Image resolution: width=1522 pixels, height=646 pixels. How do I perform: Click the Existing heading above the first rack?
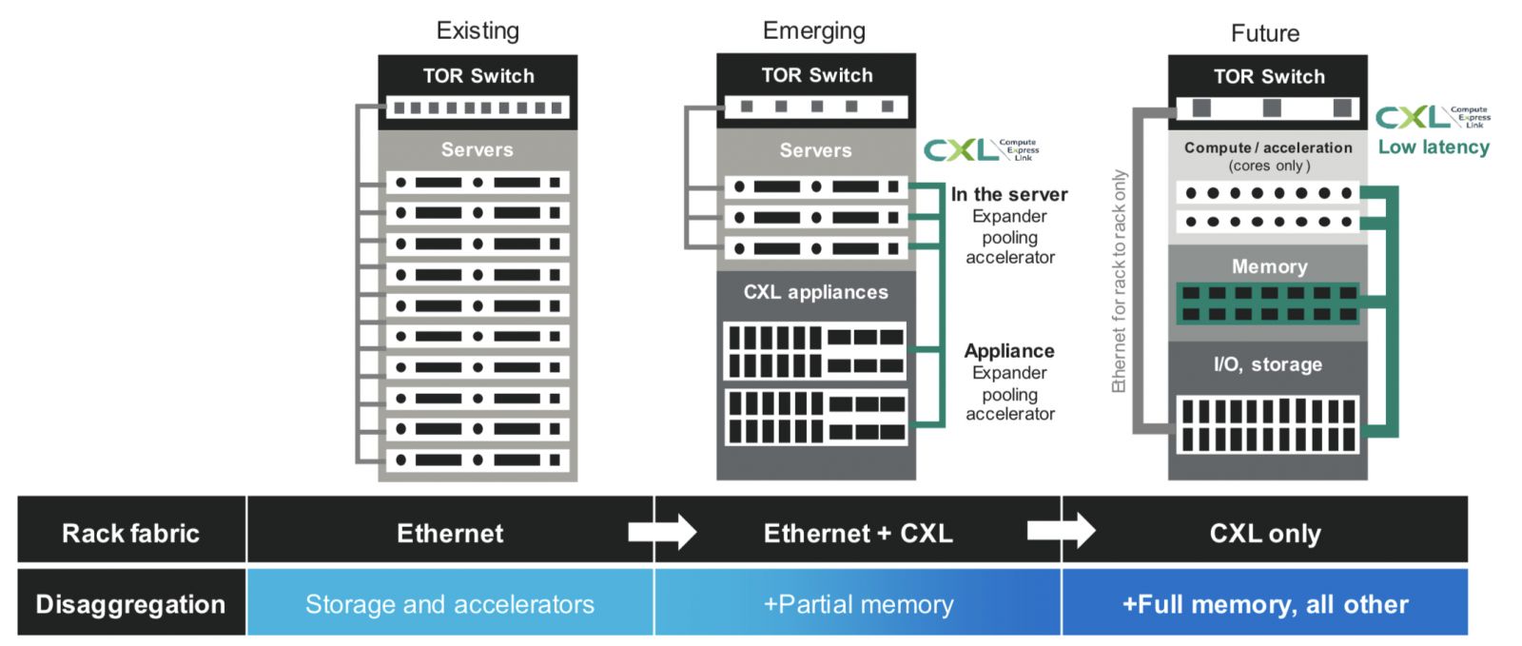point(478,30)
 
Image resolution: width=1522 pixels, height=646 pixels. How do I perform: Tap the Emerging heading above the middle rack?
point(814,30)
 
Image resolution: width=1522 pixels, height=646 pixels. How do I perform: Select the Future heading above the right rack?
point(1264,33)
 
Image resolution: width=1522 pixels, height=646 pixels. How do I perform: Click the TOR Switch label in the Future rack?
point(1268,76)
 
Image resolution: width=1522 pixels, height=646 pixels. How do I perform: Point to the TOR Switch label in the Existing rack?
point(478,76)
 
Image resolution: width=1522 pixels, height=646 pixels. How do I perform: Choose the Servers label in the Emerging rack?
point(815,150)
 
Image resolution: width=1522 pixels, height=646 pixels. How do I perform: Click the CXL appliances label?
point(815,292)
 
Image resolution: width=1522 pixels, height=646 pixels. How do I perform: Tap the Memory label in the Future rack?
point(1269,266)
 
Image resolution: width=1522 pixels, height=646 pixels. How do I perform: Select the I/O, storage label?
point(1267,364)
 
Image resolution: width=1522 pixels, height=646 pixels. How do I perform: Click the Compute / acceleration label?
point(1267,147)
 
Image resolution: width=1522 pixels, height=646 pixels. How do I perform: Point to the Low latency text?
point(1434,147)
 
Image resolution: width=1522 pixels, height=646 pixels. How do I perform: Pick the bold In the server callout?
point(1008,194)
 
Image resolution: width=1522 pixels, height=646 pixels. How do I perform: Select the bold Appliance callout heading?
point(1008,351)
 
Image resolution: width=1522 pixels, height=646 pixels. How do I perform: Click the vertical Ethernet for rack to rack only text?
point(1119,281)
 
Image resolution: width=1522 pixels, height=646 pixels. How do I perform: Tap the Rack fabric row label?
point(130,533)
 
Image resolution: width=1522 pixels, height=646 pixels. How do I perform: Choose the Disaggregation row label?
point(130,604)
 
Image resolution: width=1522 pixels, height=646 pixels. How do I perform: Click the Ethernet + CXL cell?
point(857,533)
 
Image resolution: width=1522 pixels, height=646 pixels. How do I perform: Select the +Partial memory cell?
point(857,604)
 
